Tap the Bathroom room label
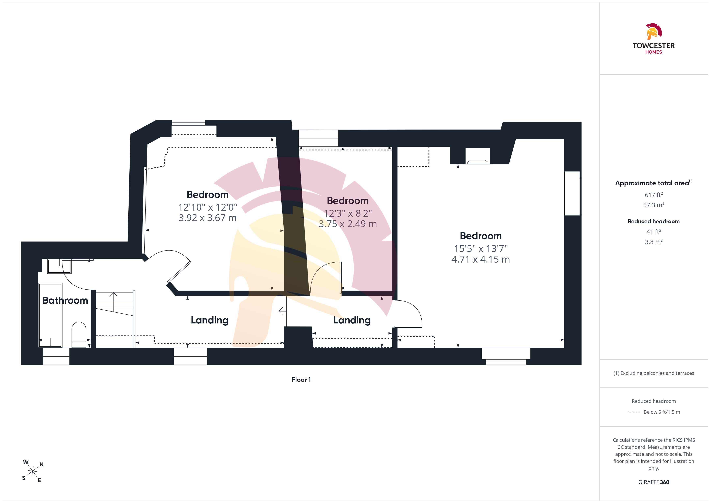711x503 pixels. click(65, 300)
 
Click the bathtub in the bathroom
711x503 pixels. click(50, 315)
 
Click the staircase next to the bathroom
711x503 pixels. click(115, 319)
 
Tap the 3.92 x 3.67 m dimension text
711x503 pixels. click(208, 218)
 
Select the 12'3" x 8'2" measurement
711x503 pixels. click(348, 213)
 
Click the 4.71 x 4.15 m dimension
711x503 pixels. click(481, 259)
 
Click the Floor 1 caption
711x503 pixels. click(301, 380)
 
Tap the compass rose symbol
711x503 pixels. click(32, 471)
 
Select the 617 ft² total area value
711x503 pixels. click(654, 195)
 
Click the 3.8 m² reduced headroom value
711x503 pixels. click(654, 242)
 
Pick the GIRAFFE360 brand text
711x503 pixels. click(654, 482)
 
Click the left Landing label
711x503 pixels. click(210, 320)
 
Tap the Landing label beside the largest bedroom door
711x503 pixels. click(352, 320)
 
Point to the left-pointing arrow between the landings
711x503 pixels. click(282, 311)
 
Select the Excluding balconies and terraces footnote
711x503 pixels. click(654, 373)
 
